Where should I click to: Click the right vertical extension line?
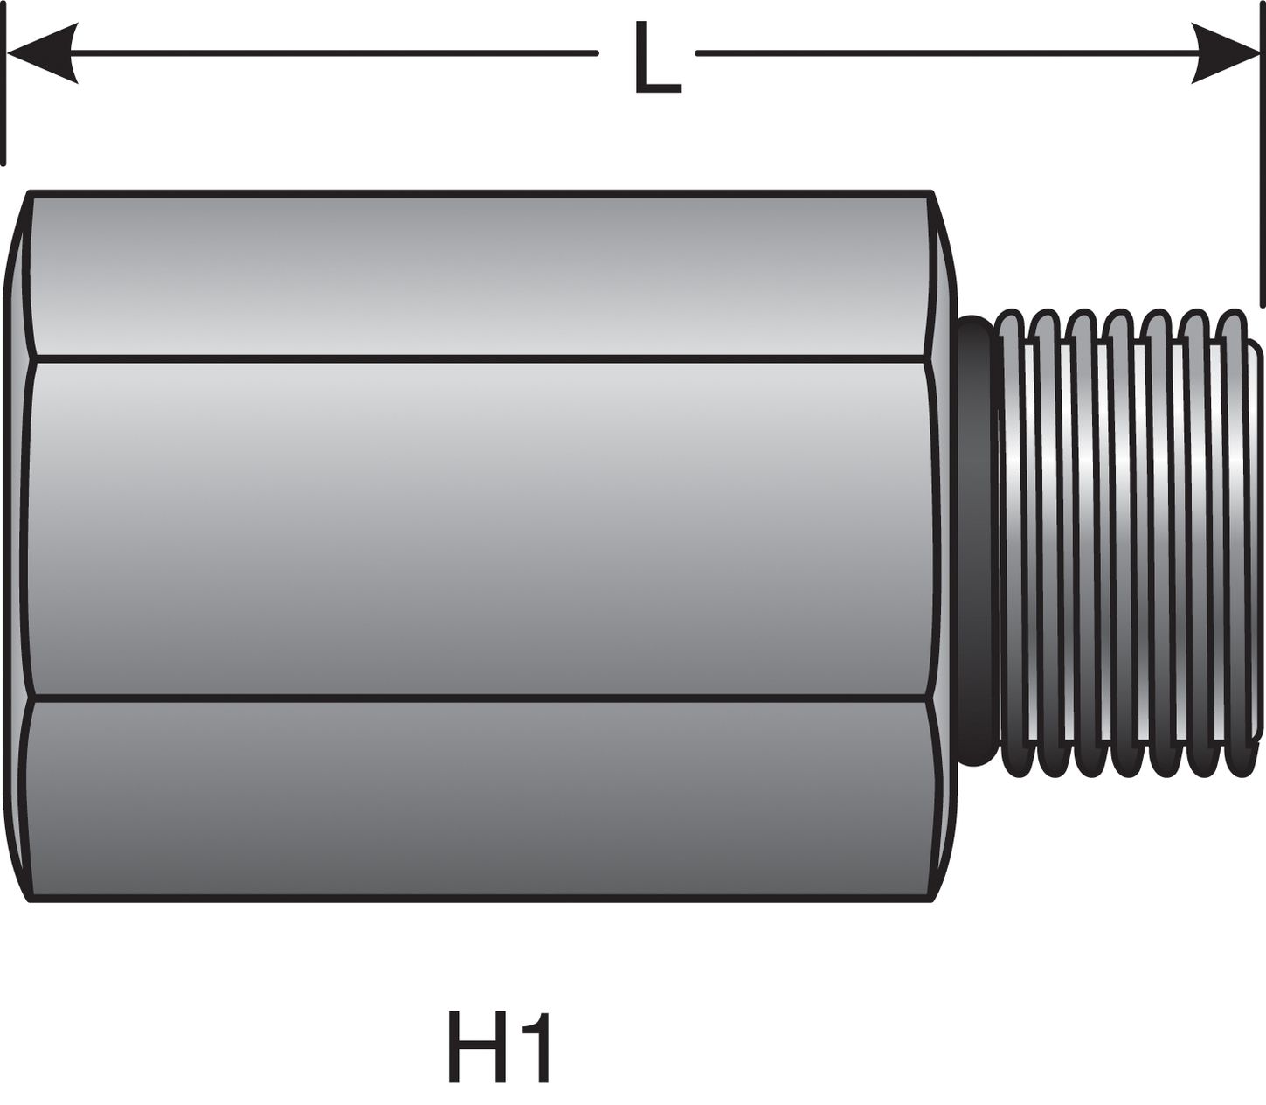1262,157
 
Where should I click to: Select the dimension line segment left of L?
332,53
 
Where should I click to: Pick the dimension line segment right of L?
944,53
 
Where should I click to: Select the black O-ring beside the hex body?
974,542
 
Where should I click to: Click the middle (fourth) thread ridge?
1123,542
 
